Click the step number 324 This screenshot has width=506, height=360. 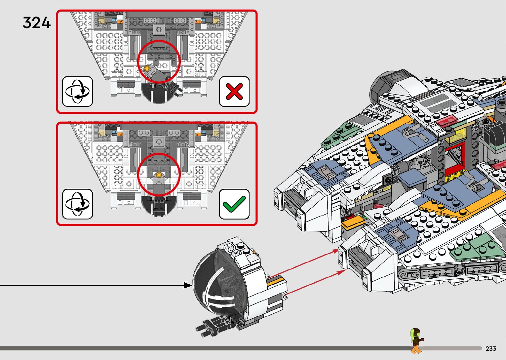pos(36,23)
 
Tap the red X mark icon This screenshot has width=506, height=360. pos(234,92)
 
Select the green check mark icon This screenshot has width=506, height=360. pos(234,204)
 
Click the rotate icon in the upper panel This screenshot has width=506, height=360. pos(77,92)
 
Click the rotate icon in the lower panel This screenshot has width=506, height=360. pos(77,204)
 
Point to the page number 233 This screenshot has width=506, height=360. pos(491,348)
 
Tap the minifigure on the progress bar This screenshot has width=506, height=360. pos(416,340)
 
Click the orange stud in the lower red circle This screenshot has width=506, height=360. pos(159,175)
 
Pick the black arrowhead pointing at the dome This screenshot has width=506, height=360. pos(188,285)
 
